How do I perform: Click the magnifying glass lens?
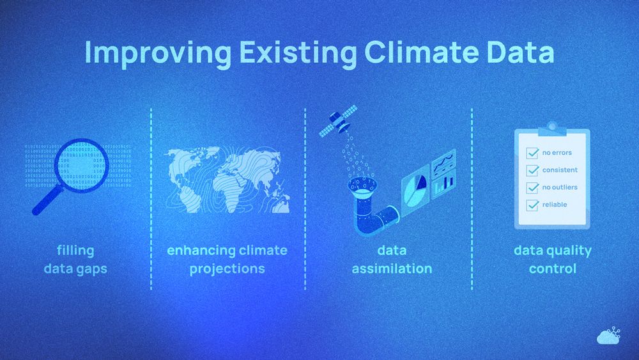[x=81, y=164]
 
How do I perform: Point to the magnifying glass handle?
[x=45, y=201]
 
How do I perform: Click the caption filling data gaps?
[x=75, y=259]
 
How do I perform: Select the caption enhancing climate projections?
[x=227, y=259]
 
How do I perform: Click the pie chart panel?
[x=414, y=186]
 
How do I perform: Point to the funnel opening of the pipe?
[x=363, y=186]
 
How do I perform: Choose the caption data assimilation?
[x=392, y=259]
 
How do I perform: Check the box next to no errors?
[x=532, y=153]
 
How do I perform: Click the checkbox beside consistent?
[x=532, y=171]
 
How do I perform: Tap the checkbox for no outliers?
[x=532, y=188]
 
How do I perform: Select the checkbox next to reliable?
[x=532, y=205]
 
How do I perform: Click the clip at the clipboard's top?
[x=552, y=128]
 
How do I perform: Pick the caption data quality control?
[x=552, y=259]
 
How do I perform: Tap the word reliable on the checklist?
[x=555, y=205]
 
